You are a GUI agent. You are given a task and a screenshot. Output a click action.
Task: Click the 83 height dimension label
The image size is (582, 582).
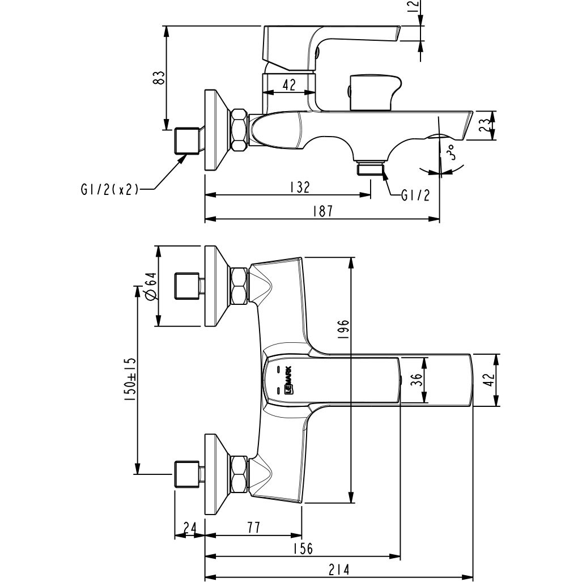click(160, 77)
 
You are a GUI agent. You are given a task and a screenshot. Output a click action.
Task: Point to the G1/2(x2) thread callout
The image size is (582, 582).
click(109, 190)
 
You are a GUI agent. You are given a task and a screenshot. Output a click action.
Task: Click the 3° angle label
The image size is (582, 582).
click(451, 153)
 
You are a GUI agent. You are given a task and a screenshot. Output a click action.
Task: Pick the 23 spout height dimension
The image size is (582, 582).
click(483, 125)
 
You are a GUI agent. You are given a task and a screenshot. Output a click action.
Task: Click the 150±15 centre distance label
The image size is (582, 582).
click(130, 380)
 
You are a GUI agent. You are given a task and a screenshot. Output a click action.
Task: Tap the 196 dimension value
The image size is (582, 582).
click(345, 329)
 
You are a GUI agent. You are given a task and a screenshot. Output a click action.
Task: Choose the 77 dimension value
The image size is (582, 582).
click(253, 527)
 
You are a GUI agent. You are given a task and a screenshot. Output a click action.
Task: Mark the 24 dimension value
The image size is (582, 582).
click(190, 527)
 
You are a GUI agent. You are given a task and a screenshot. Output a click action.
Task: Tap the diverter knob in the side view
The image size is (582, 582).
click(374, 92)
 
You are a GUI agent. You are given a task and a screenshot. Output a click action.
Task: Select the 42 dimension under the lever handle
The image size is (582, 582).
click(288, 85)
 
